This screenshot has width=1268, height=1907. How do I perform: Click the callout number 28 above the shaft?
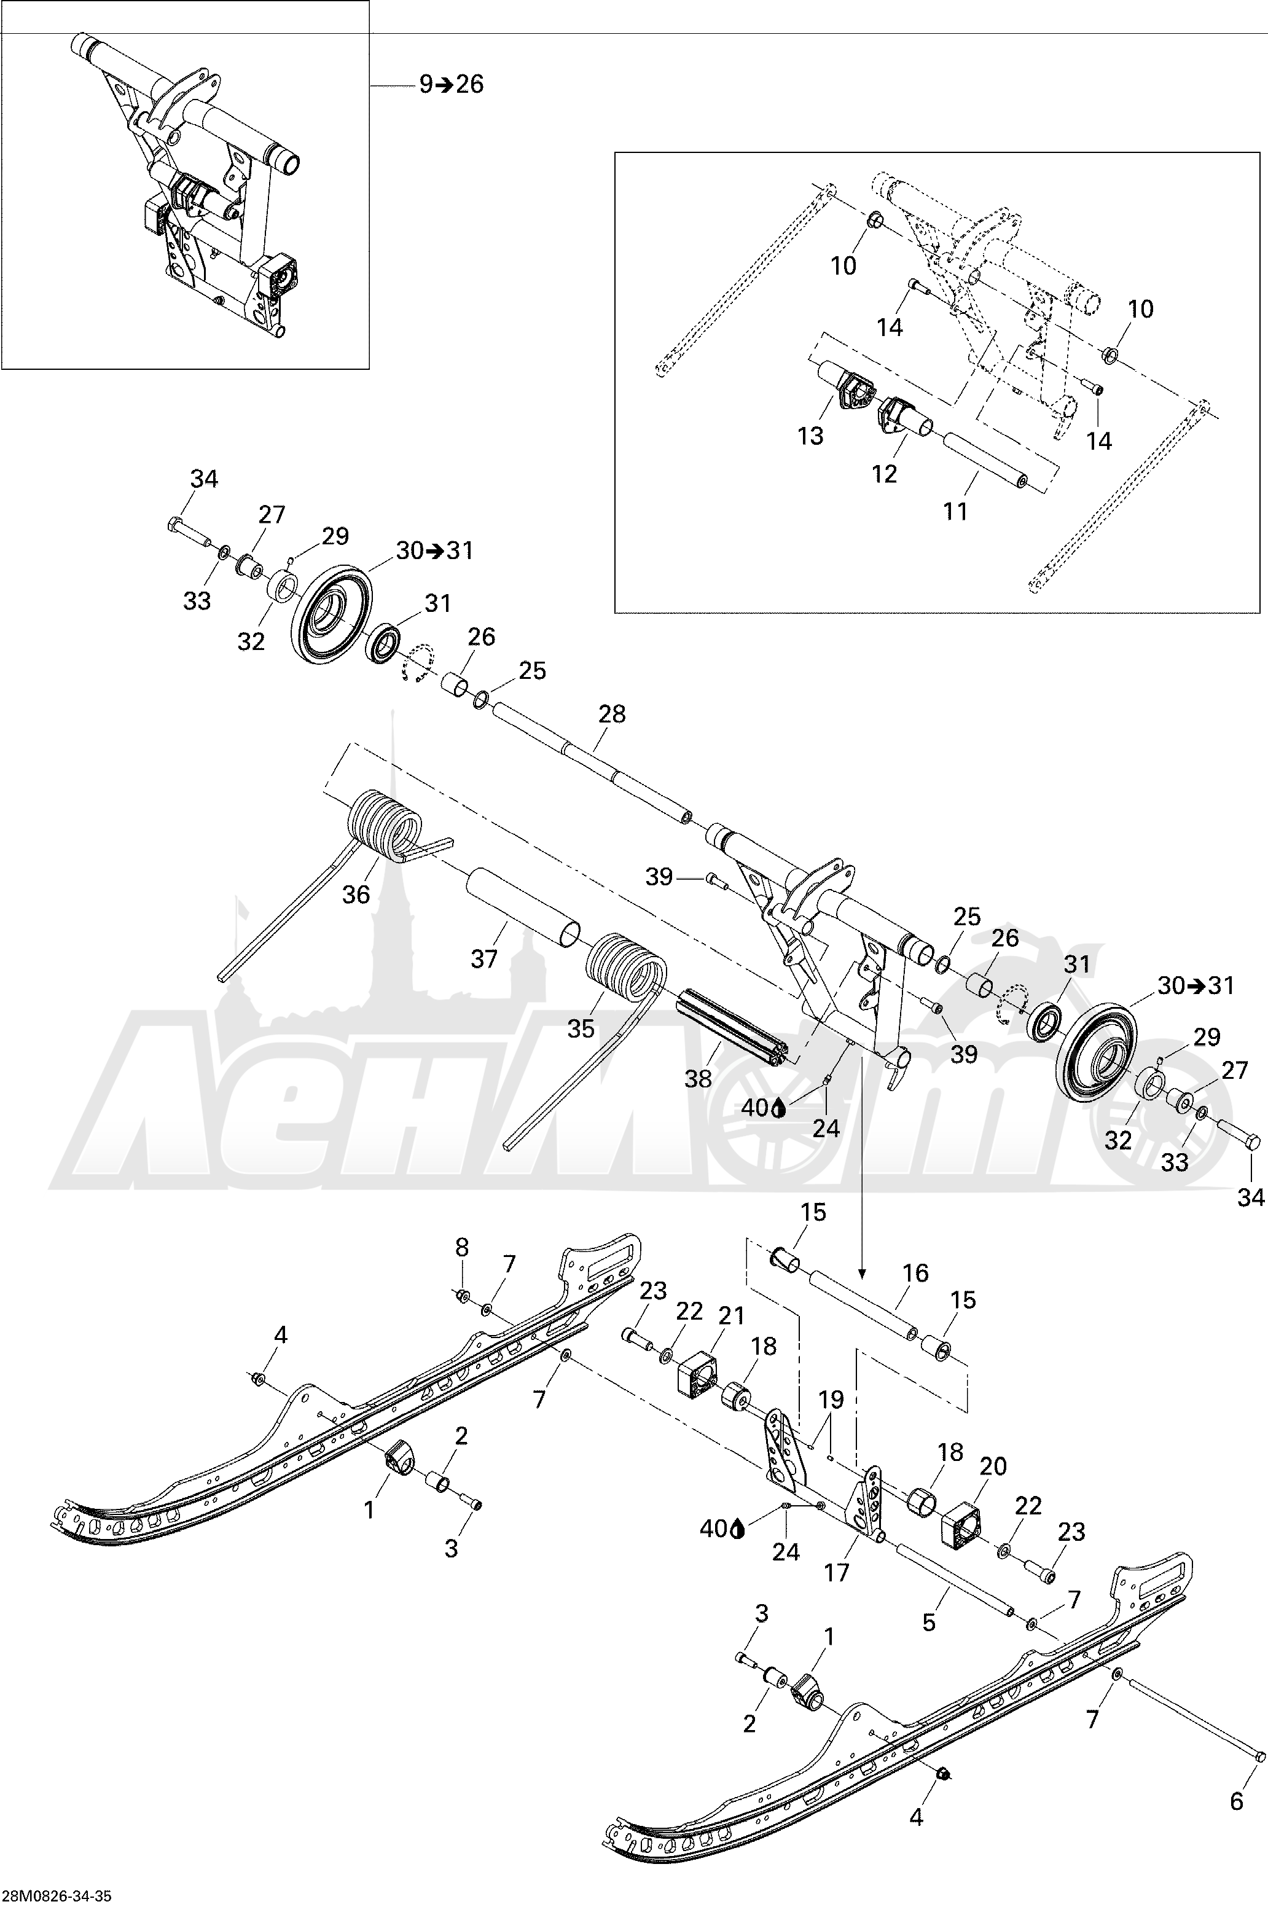click(612, 714)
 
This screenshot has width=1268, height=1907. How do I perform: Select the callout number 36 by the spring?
click(356, 895)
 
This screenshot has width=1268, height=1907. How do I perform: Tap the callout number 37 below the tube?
click(483, 959)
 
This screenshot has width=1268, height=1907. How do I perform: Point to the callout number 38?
click(699, 1078)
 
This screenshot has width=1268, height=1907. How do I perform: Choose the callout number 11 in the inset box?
click(955, 511)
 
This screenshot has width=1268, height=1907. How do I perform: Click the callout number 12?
click(885, 474)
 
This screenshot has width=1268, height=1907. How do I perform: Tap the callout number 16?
click(915, 1273)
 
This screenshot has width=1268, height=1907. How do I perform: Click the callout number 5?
click(929, 1623)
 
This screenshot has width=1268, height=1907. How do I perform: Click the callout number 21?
click(731, 1317)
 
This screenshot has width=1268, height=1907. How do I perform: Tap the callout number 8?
click(462, 1247)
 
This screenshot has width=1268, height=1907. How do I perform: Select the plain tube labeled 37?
click(522, 907)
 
